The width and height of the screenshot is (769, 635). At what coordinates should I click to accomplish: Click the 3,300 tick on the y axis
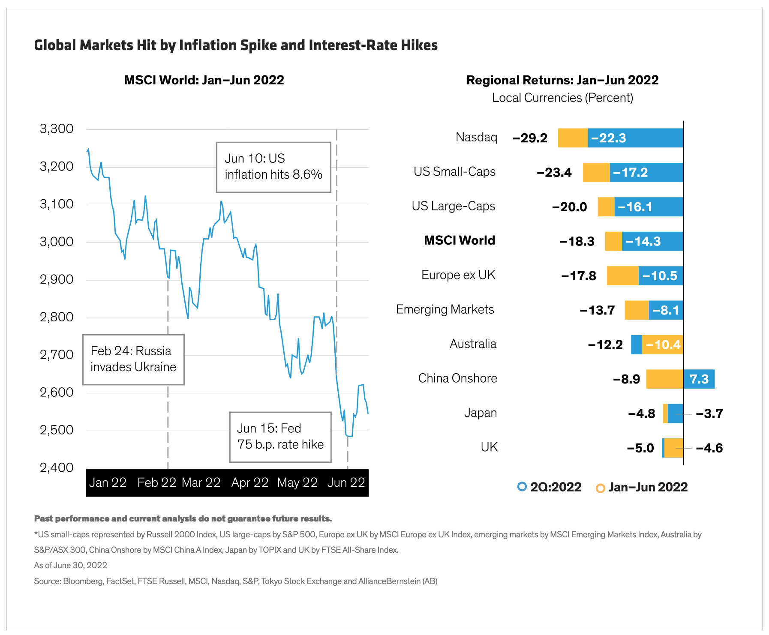point(57,129)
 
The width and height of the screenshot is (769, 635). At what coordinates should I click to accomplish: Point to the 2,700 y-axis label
point(57,355)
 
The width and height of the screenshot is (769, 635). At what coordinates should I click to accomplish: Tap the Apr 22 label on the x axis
point(249,483)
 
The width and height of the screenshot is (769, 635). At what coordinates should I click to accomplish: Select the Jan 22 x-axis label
point(108,483)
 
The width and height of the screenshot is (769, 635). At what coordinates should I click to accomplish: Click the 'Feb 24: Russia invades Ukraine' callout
point(133,359)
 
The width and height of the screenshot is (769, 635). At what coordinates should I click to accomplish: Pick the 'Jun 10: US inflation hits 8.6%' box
point(273,167)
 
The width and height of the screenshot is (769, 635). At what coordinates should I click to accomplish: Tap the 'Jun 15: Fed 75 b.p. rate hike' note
point(280,437)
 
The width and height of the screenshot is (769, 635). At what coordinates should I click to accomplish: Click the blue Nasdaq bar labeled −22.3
point(635,138)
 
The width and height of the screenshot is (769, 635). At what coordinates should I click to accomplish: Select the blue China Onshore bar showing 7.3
point(699,379)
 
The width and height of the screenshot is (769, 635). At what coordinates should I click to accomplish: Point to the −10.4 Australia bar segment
point(663,344)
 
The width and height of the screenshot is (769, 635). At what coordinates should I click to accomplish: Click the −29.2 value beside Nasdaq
point(530,138)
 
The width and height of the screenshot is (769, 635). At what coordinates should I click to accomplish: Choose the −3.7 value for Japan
point(709,414)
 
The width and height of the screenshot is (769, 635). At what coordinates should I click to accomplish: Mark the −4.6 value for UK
point(709,448)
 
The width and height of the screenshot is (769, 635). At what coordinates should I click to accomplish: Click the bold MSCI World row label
point(459,240)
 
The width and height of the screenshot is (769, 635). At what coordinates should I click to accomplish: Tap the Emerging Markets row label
point(445,309)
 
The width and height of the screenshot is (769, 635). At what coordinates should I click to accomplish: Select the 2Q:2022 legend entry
point(550,487)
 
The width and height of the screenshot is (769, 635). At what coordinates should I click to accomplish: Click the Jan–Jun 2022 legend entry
point(642,487)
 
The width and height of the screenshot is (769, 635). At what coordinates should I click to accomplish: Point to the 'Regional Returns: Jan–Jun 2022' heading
point(562,80)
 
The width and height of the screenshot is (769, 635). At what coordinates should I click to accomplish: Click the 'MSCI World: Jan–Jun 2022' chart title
point(204,80)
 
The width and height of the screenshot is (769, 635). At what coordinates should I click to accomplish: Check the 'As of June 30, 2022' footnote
point(71,566)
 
